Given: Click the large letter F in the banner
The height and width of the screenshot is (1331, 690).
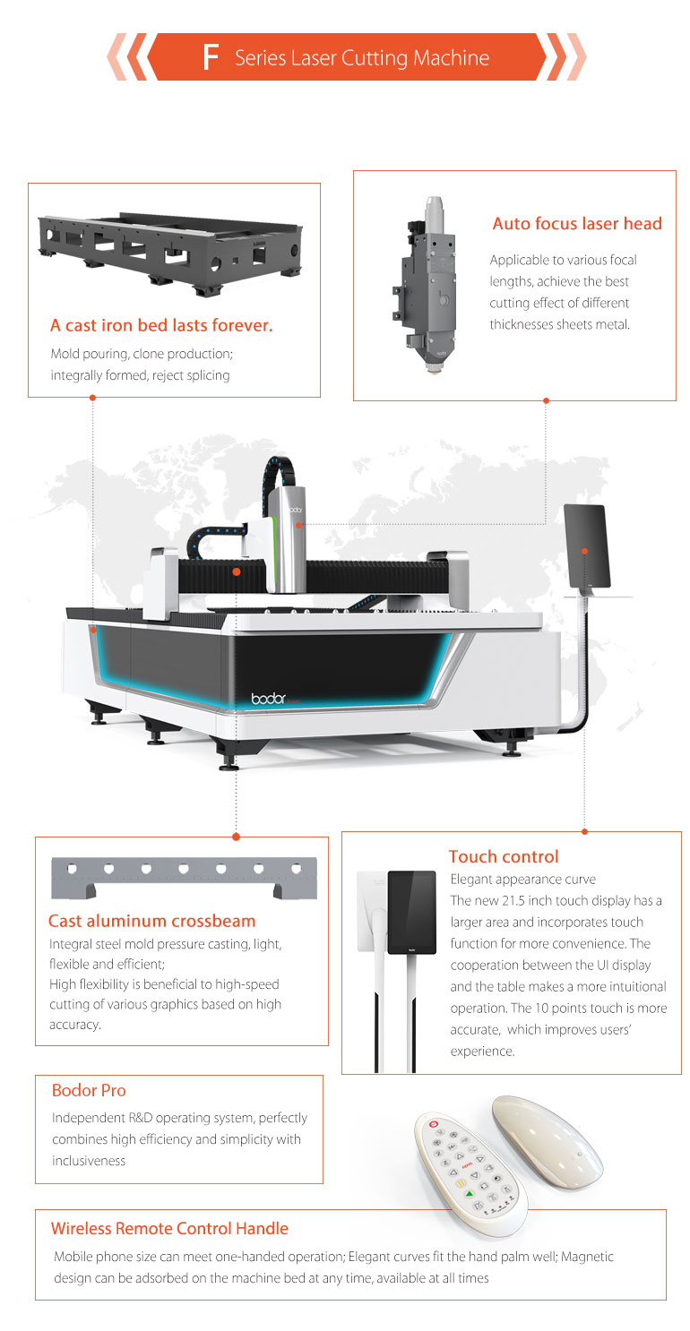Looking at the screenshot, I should pos(211,58).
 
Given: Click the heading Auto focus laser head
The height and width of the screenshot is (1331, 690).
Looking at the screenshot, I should pos(577,224).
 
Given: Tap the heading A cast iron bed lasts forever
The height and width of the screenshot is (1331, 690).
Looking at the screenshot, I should pos(161,325).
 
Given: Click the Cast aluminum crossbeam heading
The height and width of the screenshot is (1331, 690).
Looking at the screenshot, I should pos(151,921).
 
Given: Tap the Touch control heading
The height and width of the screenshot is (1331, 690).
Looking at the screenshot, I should pos(503,856).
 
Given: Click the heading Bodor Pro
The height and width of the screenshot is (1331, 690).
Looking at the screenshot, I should pos(89,1090).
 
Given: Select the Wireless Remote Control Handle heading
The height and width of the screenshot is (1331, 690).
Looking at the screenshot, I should pos(169,1228).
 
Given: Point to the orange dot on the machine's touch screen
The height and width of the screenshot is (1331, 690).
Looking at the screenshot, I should pos(584,551).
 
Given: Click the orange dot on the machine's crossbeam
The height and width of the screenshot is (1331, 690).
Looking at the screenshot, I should pos(236,571).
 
